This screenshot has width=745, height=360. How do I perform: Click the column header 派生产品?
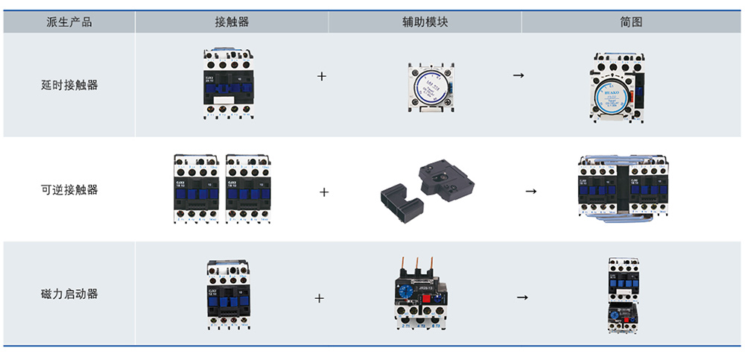[69, 22]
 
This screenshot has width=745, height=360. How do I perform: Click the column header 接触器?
[231, 22]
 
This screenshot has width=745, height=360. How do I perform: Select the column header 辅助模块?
[425, 22]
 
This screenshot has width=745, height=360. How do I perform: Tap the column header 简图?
[631, 22]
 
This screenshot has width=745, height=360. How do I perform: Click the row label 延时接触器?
[69, 85]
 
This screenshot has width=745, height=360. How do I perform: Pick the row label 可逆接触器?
[69, 189]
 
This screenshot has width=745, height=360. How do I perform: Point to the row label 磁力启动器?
[69, 294]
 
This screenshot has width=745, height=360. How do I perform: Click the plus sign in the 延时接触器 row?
[322, 76]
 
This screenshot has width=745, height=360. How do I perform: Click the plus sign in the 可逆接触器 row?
[324, 192]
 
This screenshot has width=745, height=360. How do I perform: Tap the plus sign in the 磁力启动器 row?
[320, 298]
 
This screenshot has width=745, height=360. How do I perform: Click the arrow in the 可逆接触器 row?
[530, 192]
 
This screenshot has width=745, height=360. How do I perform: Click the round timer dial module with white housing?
[428, 86]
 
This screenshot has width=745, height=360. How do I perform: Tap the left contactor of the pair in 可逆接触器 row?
[196, 189]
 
